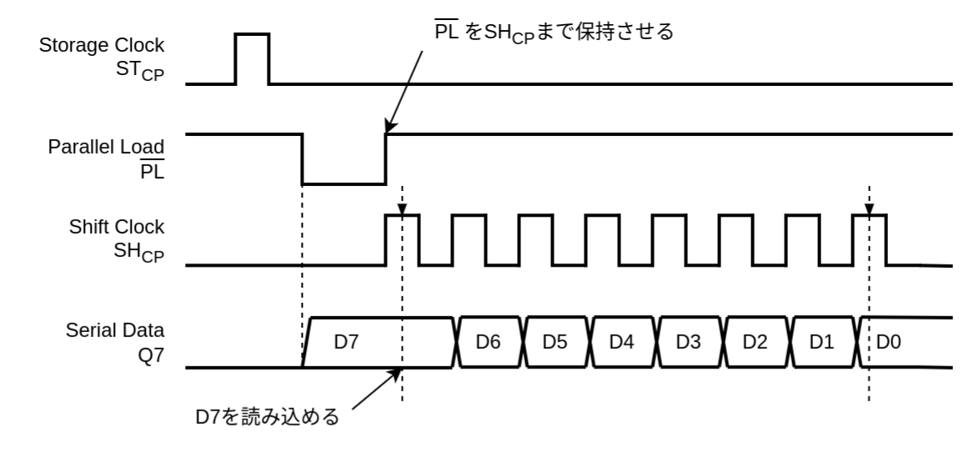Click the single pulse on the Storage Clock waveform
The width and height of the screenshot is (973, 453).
[253, 58]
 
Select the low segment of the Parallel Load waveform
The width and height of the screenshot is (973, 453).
[344, 183]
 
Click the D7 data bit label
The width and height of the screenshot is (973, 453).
[347, 342]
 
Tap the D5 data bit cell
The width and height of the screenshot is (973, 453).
[556, 342]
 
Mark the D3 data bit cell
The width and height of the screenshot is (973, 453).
[690, 342]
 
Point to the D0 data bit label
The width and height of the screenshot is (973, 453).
[889, 342]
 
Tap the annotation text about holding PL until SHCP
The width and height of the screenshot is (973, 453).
[549, 33]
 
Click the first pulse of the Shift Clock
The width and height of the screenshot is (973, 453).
[403, 240]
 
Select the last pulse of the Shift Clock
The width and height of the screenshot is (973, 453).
[870, 240]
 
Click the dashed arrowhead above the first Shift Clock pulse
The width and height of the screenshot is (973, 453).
[403, 209]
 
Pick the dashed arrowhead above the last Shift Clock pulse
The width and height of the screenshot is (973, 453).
[870, 209]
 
